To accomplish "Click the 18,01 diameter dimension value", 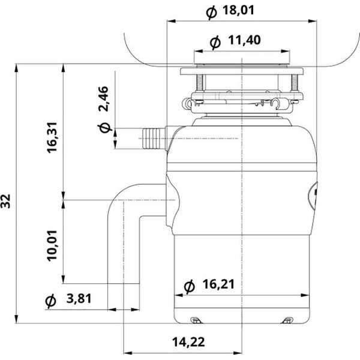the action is click(x=239, y=10).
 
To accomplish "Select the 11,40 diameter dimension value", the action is click(x=244, y=40).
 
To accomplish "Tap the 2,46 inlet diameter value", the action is click(x=103, y=99).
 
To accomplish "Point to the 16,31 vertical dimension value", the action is click(x=52, y=137).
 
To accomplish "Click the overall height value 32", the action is click(x=5, y=202).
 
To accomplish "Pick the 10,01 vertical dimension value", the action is click(x=52, y=245).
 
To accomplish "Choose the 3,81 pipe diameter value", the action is click(x=79, y=298).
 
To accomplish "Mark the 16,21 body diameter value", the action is click(x=218, y=284).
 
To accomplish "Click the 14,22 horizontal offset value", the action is click(x=188, y=342).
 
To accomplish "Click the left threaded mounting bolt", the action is click(x=200, y=83).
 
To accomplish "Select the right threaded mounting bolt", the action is click(x=294, y=83).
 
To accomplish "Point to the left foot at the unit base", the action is click(x=196, y=320).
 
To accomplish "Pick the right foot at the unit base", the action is click(x=287, y=320).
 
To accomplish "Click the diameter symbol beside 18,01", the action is click(x=211, y=13).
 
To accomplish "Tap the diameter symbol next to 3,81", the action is click(x=50, y=301).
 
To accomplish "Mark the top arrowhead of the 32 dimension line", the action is click(x=16, y=68).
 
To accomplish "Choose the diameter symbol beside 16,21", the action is click(x=190, y=287).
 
